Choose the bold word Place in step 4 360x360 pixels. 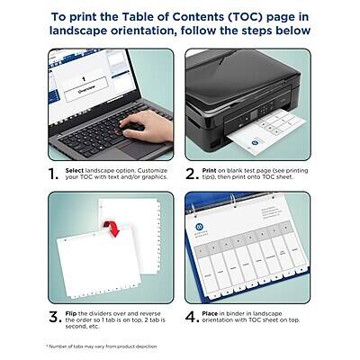tap(216, 312)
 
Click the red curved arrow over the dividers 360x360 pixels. tap(112, 229)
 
